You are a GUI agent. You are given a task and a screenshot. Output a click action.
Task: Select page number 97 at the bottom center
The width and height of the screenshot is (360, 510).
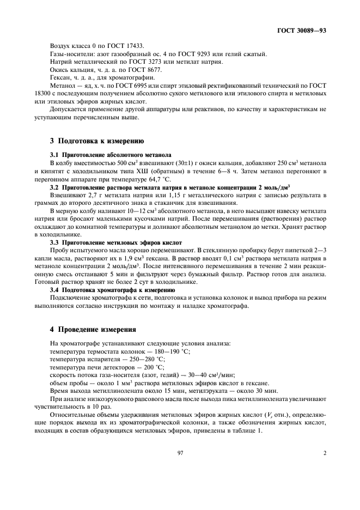[180, 452]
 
